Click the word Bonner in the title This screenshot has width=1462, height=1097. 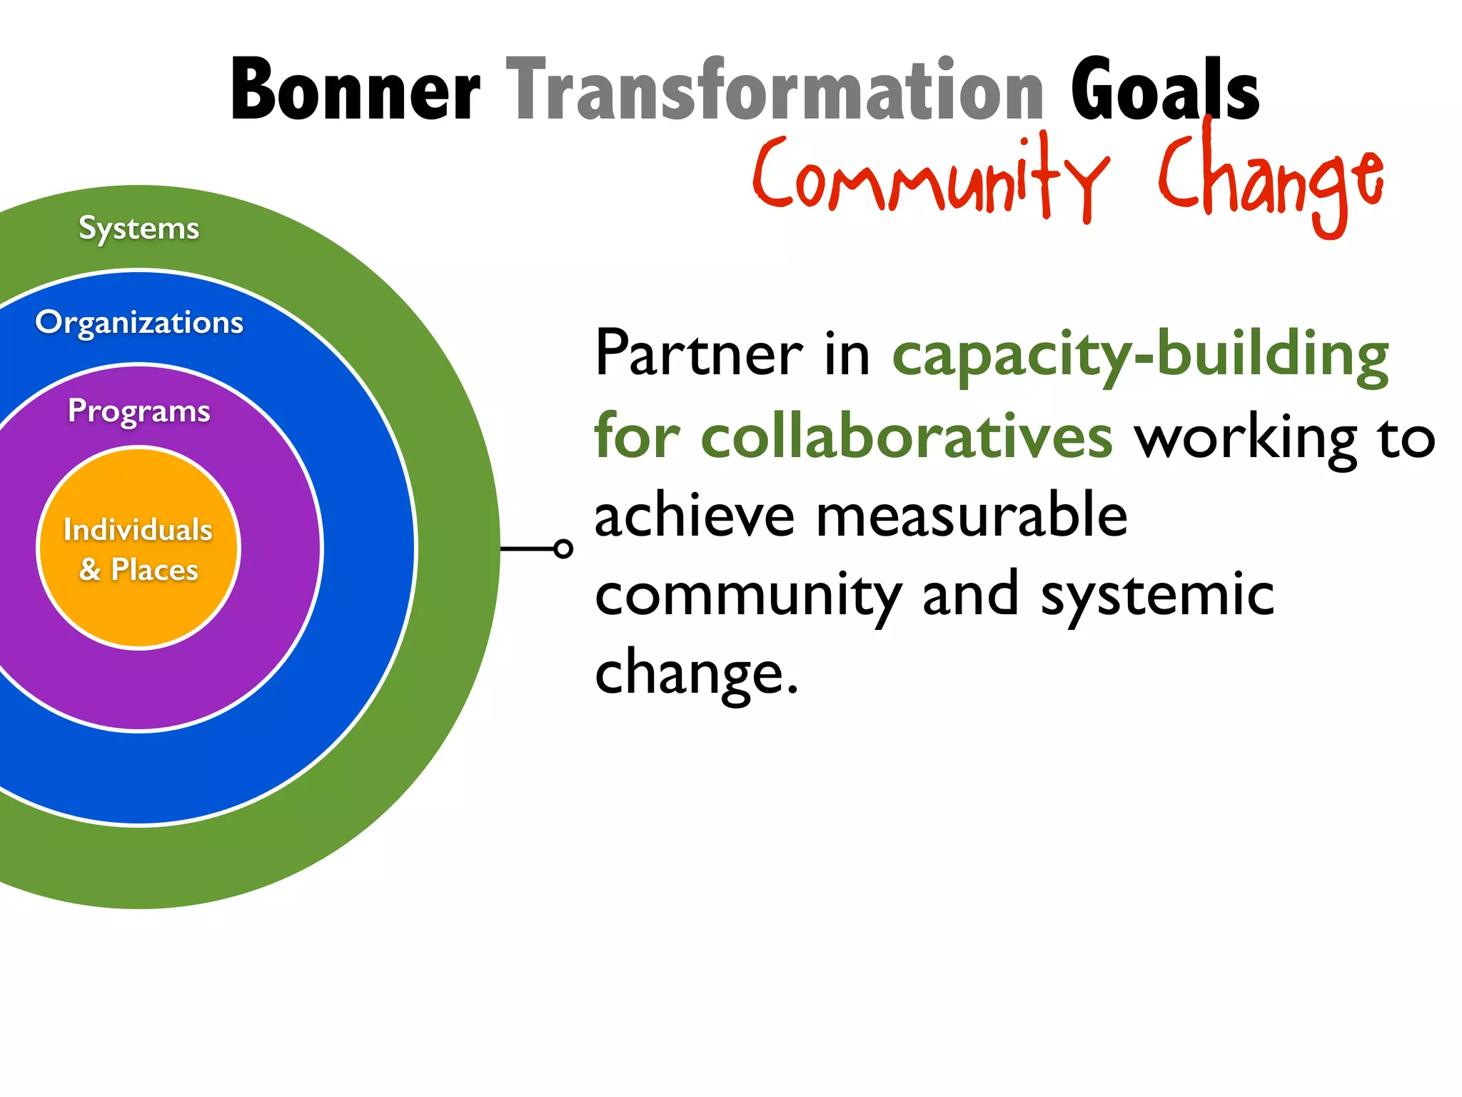(355, 91)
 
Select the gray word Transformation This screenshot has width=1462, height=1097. (775, 91)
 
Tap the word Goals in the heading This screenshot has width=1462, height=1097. (1164, 91)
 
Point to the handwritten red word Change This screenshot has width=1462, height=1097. (1270, 179)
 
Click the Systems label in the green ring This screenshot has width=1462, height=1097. (138, 229)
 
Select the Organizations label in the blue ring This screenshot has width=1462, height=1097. (139, 323)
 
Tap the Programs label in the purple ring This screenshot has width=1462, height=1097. (138, 411)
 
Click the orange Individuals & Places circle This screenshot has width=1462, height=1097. (138, 548)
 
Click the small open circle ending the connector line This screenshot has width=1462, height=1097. (563, 548)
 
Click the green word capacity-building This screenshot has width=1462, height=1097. (1140, 355)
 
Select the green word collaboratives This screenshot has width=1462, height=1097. (906, 436)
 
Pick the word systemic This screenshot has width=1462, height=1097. (1156, 596)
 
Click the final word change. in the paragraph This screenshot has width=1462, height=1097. (696, 673)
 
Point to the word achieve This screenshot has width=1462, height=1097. (694, 516)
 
